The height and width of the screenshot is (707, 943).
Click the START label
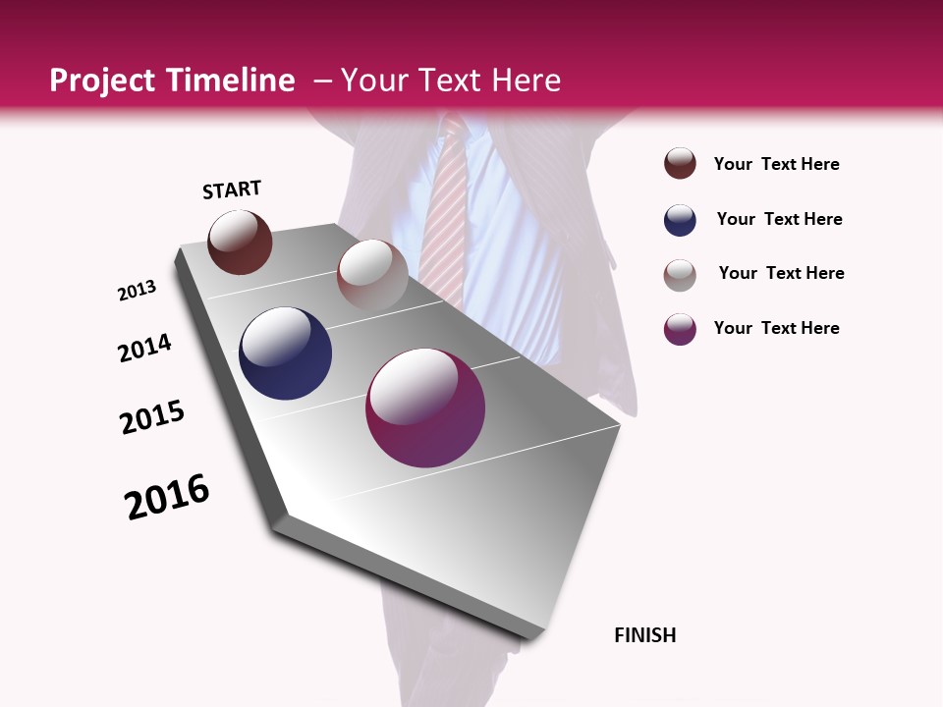point(232,190)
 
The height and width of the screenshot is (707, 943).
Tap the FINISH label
point(645,635)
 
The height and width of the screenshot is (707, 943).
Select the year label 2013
point(138,291)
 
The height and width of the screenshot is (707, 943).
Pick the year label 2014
point(145,349)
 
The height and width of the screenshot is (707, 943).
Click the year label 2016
point(167,497)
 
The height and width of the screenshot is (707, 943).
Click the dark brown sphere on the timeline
point(240,242)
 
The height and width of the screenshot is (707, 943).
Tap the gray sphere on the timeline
point(372,274)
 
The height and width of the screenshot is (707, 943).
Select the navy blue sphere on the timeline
point(285,353)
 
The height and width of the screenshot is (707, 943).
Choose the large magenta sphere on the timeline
point(425,408)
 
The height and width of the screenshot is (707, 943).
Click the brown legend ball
point(680,163)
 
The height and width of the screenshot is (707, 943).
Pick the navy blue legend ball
point(680,220)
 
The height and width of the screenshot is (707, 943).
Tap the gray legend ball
point(680,274)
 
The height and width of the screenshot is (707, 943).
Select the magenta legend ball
point(680,328)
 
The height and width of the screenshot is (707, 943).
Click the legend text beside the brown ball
point(776,164)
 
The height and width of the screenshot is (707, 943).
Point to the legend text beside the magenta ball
point(776,328)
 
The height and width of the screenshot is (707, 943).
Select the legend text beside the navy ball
point(779,219)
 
